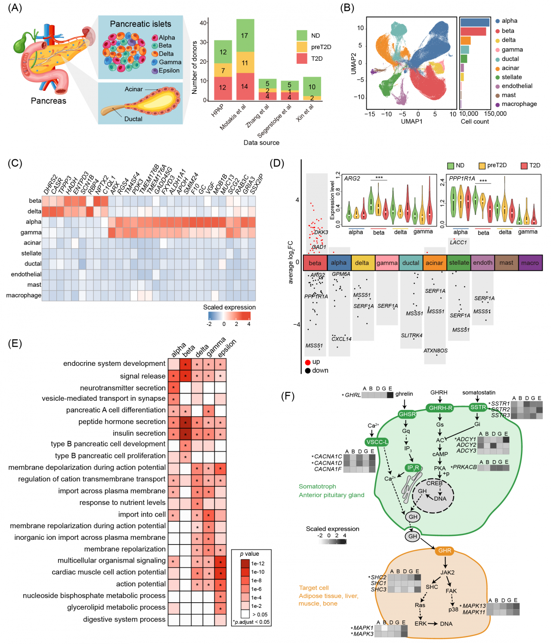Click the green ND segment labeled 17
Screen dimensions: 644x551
pyautogui.click(x=245, y=35)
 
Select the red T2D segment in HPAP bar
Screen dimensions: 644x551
pyautogui.click(x=223, y=88)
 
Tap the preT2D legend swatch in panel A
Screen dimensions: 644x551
pyautogui.click(x=302, y=47)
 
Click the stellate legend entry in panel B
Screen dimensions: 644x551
pyautogui.click(x=511, y=77)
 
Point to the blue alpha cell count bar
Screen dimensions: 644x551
pyautogui.click(x=475, y=22)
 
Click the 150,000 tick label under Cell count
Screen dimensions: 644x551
pyautogui.click(x=495, y=114)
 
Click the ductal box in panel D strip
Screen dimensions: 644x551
pyautogui.click(x=411, y=263)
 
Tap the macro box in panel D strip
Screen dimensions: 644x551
pyautogui.click(x=530, y=263)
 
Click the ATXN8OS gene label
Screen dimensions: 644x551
pyautogui.click(x=435, y=350)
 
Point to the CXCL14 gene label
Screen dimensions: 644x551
pyautogui.click(x=341, y=339)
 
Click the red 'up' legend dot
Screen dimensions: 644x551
pyautogui.click(x=308, y=362)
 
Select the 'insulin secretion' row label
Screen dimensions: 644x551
pyautogui.click(x=139, y=433)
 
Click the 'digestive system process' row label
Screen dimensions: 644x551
pyautogui.click(x=124, y=619)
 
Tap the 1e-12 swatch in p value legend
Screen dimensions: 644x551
pyautogui.click(x=245, y=563)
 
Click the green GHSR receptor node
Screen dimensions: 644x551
pyautogui.click(x=407, y=414)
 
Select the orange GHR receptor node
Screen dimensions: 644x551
pyautogui.click(x=445, y=551)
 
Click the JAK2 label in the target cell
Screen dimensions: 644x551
pyautogui.click(x=447, y=573)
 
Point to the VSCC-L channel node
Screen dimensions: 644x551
pyautogui.click(x=377, y=442)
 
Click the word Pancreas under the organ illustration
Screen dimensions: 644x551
pyautogui.click(x=49, y=101)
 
